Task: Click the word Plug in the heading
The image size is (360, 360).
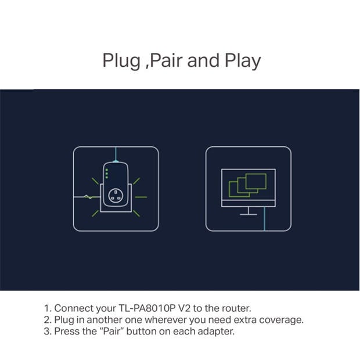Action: [x=121, y=61]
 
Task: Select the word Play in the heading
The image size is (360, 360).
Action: [x=243, y=61]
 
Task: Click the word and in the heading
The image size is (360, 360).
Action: [x=203, y=60]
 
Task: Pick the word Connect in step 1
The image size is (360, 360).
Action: [x=74, y=308]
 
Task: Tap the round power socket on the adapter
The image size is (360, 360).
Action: [x=116, y=196]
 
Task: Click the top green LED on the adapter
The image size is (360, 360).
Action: [x=107, y=170]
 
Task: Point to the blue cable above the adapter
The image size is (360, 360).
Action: [x=116, y=154]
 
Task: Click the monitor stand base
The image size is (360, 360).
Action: [x=249, y=214]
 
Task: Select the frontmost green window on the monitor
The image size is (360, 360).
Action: [x=256, y=181]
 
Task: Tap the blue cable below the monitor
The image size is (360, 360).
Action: [x=265, y=219]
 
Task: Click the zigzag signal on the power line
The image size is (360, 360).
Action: [x=88, y=197]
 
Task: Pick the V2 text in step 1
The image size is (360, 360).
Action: [x=184, y=308]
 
